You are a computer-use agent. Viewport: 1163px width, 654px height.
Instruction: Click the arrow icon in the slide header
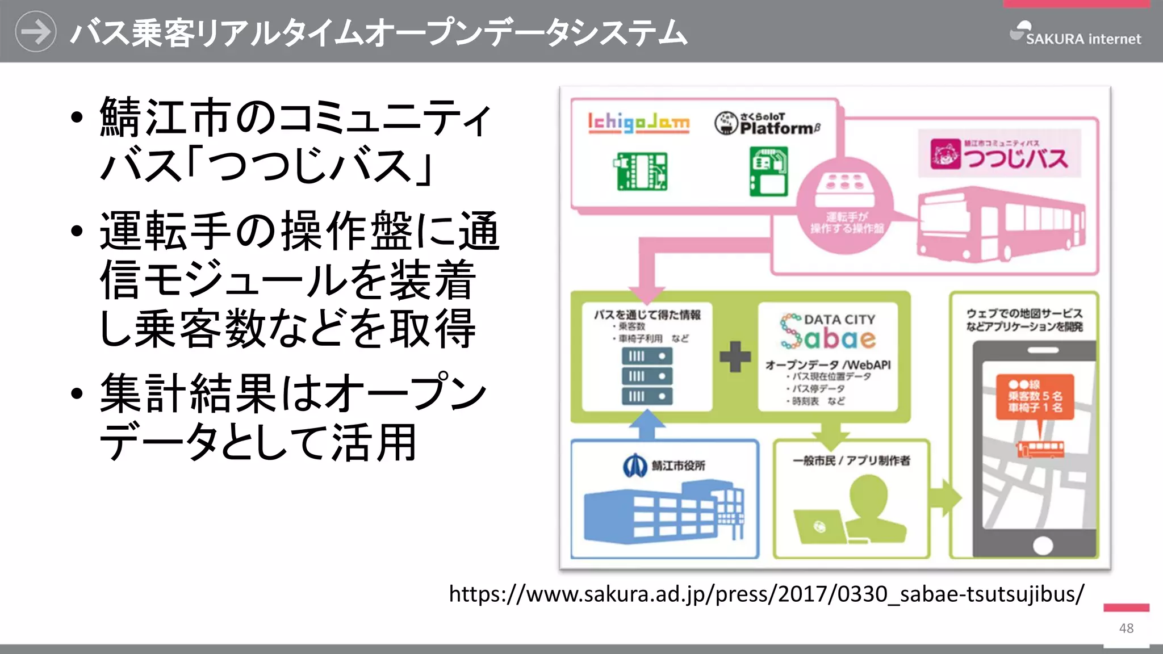click(35, 32)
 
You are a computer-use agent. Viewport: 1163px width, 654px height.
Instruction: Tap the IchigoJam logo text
click(638, 122)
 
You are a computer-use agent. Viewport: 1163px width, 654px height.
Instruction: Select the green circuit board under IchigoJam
click(641, 171)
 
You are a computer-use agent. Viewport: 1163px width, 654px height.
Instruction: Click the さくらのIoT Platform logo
click(767, 123)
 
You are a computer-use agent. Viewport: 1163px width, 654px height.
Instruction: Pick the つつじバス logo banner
click(999, 154)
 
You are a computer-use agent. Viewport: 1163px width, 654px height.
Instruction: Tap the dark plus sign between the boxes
click(735, 357)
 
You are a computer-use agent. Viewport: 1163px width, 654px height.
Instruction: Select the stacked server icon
click(647, 376)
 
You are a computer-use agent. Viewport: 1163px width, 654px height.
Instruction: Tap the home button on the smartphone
click(1043, 546)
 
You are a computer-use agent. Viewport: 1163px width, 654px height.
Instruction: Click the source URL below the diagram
click(766, 594)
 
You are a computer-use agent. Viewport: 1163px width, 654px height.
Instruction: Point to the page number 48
click(1126, 628)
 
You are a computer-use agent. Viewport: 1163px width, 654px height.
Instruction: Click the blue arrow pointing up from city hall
click(647, 425)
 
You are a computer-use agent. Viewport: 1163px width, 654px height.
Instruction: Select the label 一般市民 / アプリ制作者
click(851, 460)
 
